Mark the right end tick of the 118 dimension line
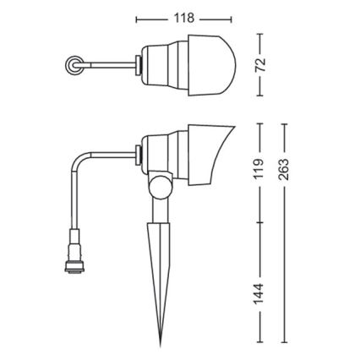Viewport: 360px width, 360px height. pos(231,18)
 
